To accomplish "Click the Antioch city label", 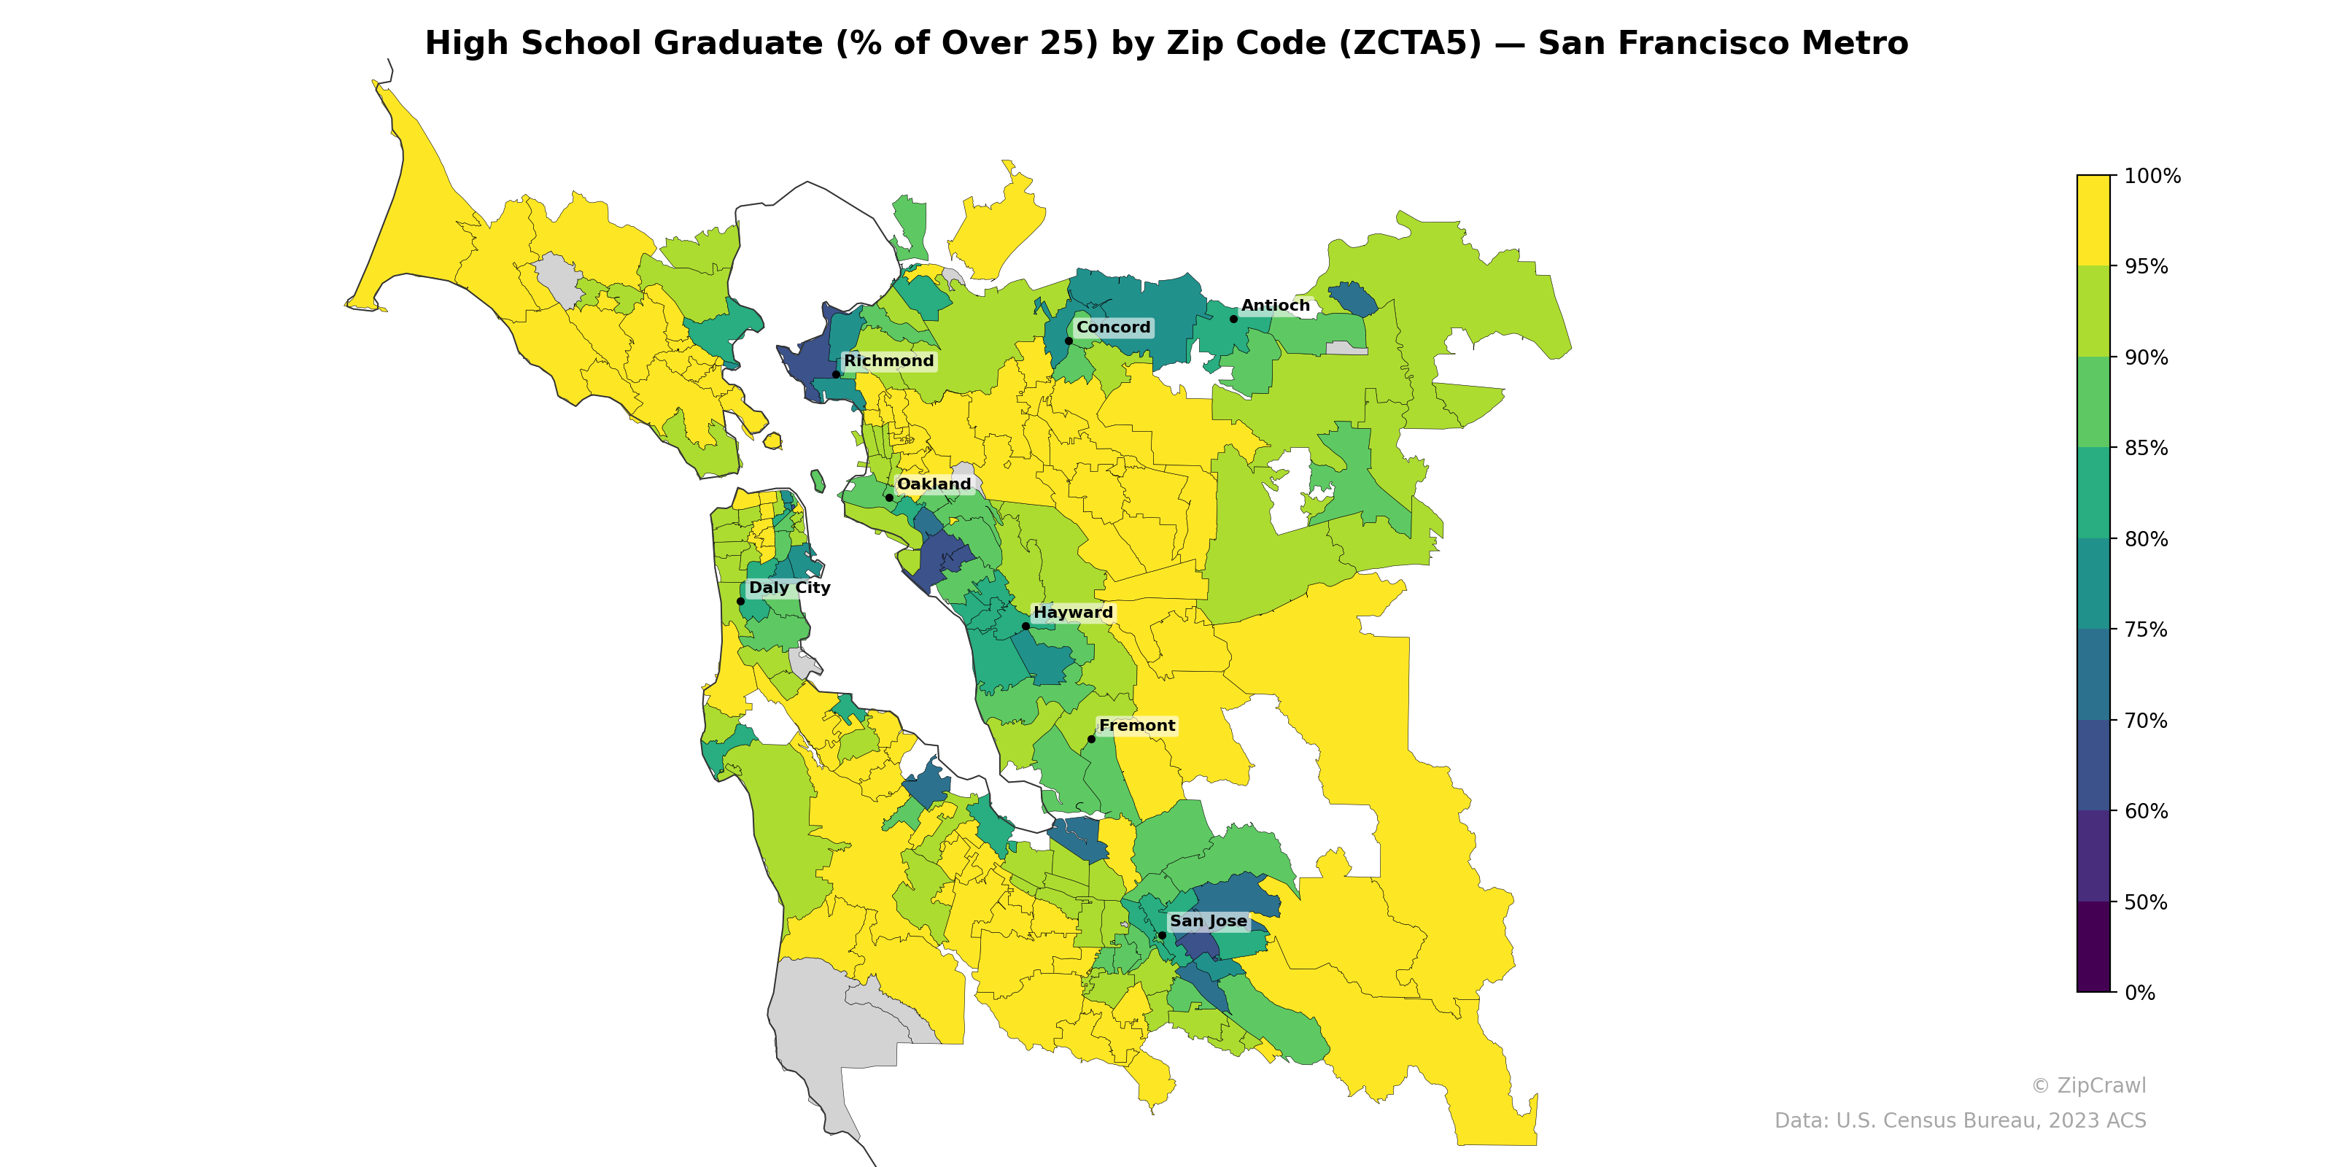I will pos(1275,306).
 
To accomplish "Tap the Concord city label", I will pos(1112,328).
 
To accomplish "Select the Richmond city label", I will pos(888,362).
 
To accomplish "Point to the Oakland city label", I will pos(934,485).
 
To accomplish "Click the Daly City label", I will pos(789,588).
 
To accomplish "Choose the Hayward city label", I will pos(1073,613).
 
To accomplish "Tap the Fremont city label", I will pos(1136,726).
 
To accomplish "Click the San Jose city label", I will pos(1208,921).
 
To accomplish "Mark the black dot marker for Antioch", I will pos(1233,319).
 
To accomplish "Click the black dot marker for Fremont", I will pos(1091,740).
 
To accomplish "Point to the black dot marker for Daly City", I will pos(740,602).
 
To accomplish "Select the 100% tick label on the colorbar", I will pos(2152,177).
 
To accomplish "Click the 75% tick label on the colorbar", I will pos(2146,629).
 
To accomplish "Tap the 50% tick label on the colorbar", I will pos(2146,902).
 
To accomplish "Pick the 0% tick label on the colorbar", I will pos(2139,993).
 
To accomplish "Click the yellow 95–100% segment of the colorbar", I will pos(2093,220).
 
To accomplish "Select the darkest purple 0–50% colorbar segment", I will pos(2093,947).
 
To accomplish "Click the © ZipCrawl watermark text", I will pos(2088,1085).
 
